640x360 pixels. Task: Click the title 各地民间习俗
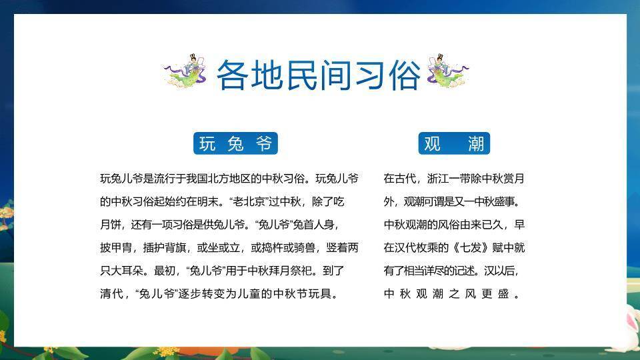[x=319, y=75]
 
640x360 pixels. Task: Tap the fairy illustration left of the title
[x=187, y=72]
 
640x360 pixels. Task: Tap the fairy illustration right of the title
[x=447, y=72]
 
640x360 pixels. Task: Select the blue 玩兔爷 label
[x=235, y=143]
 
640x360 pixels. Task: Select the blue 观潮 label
[x=454, y=143]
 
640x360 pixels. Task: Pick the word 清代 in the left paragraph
[x=111, y=293]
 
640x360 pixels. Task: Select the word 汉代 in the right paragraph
[x=407, y=247]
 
